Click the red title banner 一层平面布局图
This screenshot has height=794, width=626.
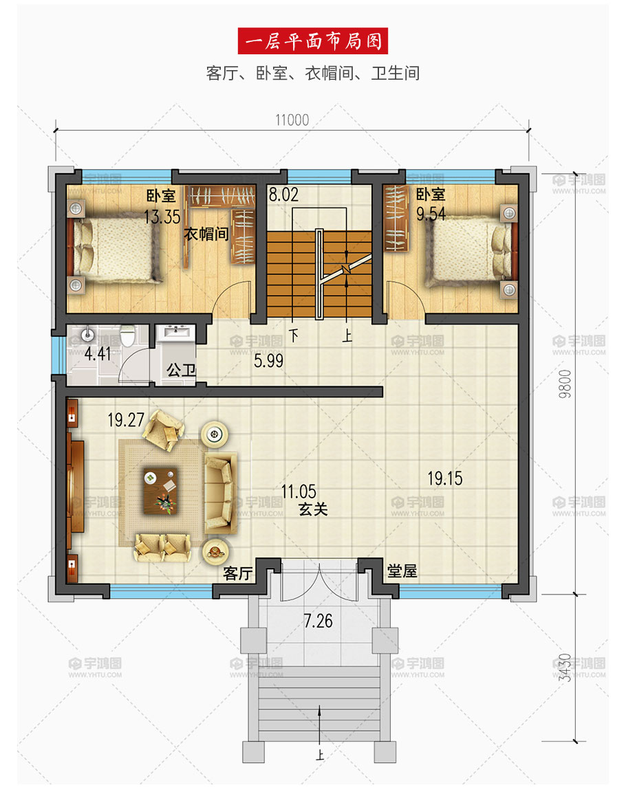(313, 41)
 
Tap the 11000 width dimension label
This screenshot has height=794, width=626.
(292, 120)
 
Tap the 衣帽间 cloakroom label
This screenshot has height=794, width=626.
(206, 234)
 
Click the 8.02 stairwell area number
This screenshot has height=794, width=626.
(283, 195)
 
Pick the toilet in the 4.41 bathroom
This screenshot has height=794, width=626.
(127, 338)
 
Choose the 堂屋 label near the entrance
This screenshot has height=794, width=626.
(402, 571)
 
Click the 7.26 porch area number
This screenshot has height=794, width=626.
(318, 621)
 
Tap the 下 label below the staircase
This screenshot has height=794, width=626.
(294, 336)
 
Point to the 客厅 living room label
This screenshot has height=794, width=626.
(238, 573)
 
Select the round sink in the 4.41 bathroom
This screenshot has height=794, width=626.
(87, 335)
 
